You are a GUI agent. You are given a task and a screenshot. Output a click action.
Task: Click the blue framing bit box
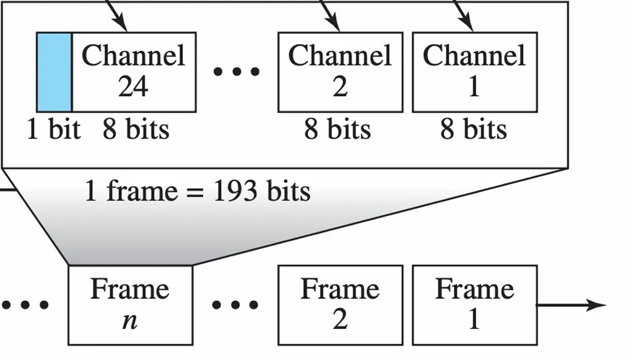click(x=54, y=72)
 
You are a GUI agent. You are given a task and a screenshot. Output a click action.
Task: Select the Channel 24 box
click(x=134, y=72)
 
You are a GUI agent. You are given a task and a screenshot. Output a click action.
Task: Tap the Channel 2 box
click(x=340, y=72)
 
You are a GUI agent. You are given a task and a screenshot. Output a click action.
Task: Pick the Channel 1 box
click(x=474, y=72)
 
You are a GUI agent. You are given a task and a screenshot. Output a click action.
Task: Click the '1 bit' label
click(x=53, y=130)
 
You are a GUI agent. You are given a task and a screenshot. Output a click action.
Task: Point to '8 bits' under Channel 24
click(x=135, y=130)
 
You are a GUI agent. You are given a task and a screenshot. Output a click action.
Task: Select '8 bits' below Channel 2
click(x=338, y=130)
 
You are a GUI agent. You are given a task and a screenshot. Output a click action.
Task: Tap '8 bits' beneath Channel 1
click(x=474, y=130)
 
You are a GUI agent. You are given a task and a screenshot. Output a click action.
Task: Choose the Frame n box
click(x=130, y=305)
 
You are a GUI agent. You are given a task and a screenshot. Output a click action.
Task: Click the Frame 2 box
click(x=340, y=305)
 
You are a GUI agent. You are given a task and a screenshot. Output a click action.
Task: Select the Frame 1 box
click(x=474, y=305)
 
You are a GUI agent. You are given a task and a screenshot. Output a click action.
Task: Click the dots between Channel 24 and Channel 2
click(x=237, y=72)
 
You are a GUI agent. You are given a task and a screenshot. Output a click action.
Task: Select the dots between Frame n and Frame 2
click(x=235, y=305)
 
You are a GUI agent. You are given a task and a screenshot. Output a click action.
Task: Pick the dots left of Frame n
click(x=25, y=305)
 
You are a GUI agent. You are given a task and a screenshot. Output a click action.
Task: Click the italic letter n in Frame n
click(x=130, y=320)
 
